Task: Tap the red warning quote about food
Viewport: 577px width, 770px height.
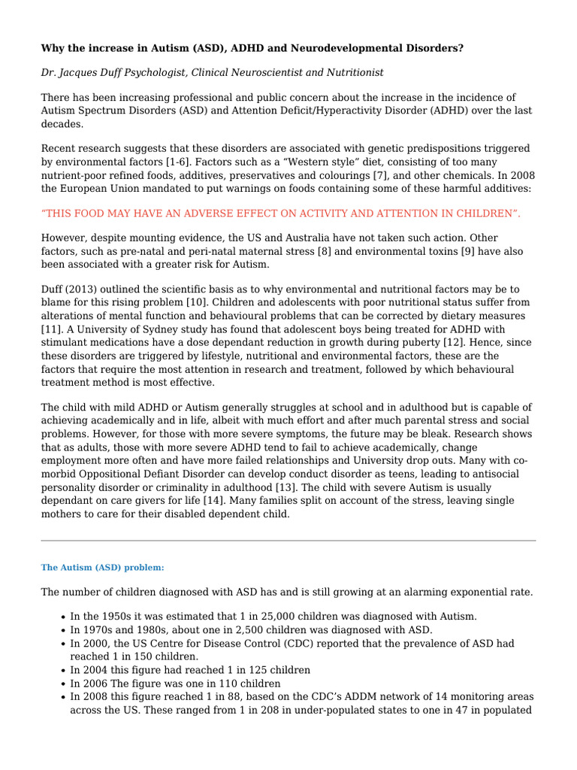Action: coord(280,214)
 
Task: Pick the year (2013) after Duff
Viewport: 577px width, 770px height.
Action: coord(84,290)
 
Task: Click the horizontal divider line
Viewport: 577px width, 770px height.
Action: coord(288,540)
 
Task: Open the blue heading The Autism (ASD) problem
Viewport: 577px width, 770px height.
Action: coord(102,568)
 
